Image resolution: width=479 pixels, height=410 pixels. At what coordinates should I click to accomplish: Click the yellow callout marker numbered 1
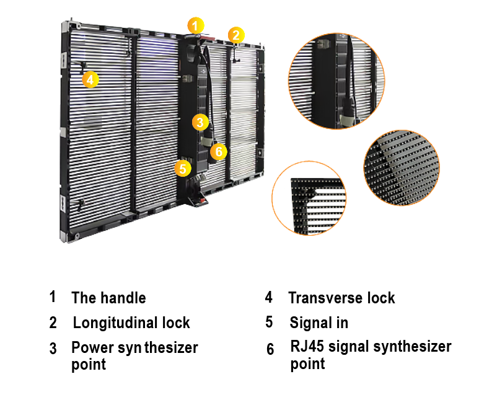195,26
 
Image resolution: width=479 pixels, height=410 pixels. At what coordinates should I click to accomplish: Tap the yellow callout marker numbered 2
235,35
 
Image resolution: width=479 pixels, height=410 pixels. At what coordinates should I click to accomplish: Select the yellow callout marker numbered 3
200,122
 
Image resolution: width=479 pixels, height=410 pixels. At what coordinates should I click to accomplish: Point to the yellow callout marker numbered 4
90,79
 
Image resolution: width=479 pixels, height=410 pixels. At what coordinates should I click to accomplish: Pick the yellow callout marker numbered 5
182,168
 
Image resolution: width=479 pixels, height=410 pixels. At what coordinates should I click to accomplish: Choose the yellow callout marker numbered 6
218,151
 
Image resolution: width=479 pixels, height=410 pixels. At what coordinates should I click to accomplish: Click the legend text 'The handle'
108,298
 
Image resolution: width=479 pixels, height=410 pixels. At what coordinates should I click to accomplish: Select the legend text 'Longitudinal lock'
131,323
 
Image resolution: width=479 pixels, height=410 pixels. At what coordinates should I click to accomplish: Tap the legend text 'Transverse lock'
341,298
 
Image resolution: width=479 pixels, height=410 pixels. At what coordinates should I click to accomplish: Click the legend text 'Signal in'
319,323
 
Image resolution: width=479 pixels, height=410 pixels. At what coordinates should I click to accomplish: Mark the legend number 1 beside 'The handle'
53,296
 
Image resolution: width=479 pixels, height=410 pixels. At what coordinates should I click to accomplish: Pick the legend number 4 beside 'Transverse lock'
268,296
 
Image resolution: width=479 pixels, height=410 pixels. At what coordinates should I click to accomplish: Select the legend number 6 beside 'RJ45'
270,349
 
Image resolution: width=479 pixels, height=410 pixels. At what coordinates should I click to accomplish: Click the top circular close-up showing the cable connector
337,81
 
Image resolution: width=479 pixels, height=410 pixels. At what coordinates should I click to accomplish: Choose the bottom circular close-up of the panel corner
309,198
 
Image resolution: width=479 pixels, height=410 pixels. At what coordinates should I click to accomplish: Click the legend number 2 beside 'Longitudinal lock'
53,323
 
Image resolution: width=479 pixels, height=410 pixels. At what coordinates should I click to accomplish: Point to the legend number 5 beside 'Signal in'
269,323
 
